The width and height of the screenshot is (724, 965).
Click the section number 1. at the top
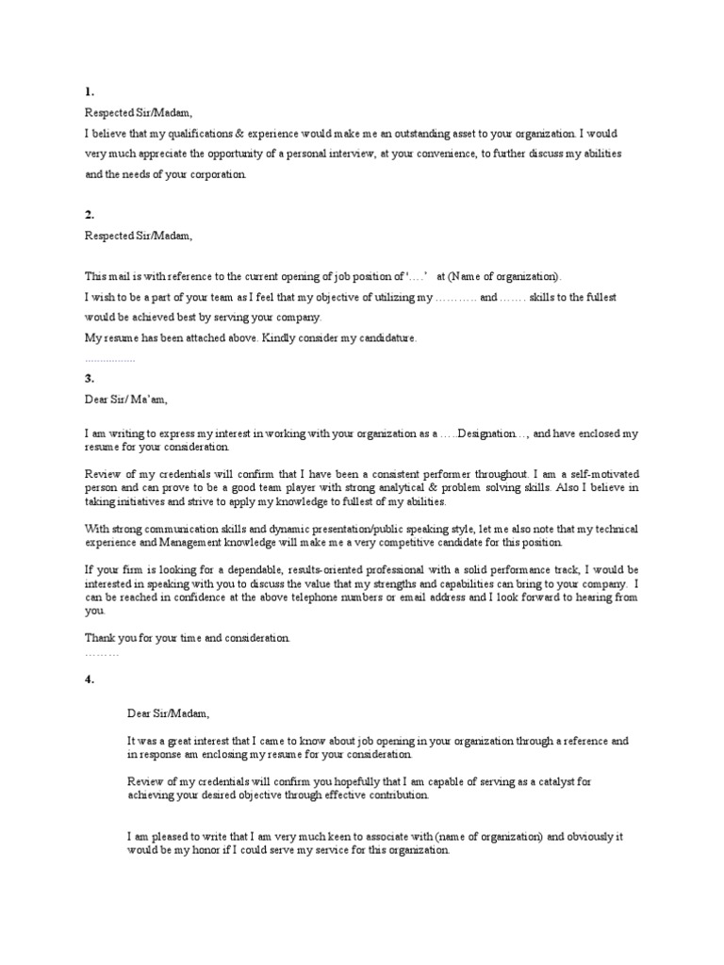click(89, 92)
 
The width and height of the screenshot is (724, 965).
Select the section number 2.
click(89, 215)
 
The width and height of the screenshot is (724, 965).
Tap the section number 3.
click(89, 378)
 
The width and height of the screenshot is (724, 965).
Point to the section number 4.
click(89, 679)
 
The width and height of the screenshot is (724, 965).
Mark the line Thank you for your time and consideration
click(188, 638)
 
